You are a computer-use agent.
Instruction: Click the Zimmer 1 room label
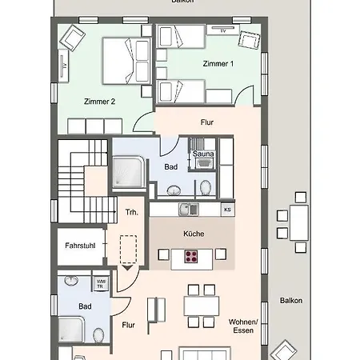[x=218, y=63]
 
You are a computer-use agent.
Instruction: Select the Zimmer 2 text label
[x=100, y=102]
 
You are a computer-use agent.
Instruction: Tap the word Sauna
[x=201, y=154]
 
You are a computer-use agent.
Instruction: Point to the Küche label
[x=193, y=234]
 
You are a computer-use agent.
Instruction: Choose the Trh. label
[x=131, y=212]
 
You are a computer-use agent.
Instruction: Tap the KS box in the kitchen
[x=227, y=210]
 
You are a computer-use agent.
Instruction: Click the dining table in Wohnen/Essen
[x=201, y=306]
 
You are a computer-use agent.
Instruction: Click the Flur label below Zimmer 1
[x=207, y=123]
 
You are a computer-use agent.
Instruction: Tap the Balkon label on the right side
[x=291, y=301]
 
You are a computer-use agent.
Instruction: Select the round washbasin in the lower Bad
[x=71, y=282]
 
